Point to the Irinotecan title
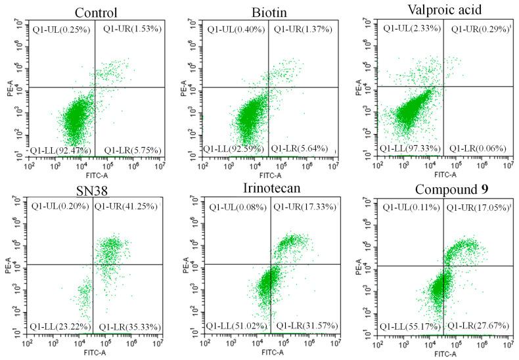(x=275, y=190)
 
